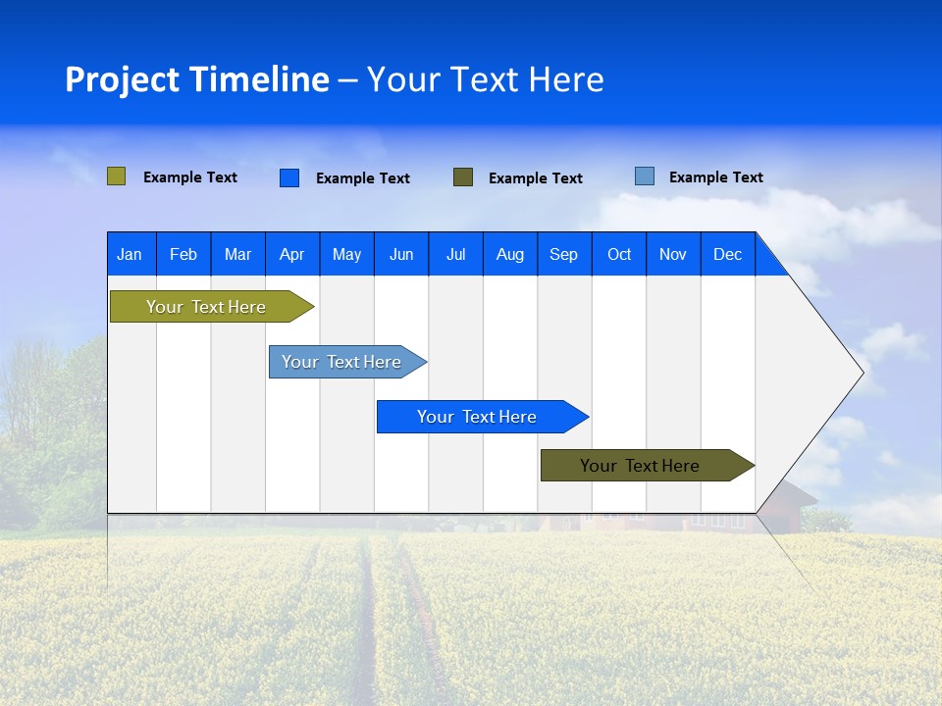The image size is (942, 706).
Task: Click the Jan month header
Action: (131, 254)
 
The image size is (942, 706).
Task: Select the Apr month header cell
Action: (292, 254)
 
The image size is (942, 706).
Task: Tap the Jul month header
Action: (455, 254)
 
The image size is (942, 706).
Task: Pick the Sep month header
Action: (563, 254)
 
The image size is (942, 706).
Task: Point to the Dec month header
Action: (727, 254)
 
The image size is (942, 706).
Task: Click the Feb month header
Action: (183, 254)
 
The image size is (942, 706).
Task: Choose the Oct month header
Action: (619, 254)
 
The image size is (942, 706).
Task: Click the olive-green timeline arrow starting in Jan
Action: (207, 307)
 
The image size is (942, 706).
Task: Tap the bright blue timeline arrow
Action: (478, 417)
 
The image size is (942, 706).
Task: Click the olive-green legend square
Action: (116, 176)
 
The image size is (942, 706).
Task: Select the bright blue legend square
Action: (288, 177)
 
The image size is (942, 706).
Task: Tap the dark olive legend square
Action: (462, 177)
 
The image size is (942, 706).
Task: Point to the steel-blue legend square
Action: (644, 176)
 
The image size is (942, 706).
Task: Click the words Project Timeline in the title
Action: (196, 79)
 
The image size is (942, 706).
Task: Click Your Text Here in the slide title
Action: (485, 79)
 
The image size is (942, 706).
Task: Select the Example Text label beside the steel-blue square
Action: (715, 177)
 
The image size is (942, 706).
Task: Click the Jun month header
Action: (401, 254)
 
